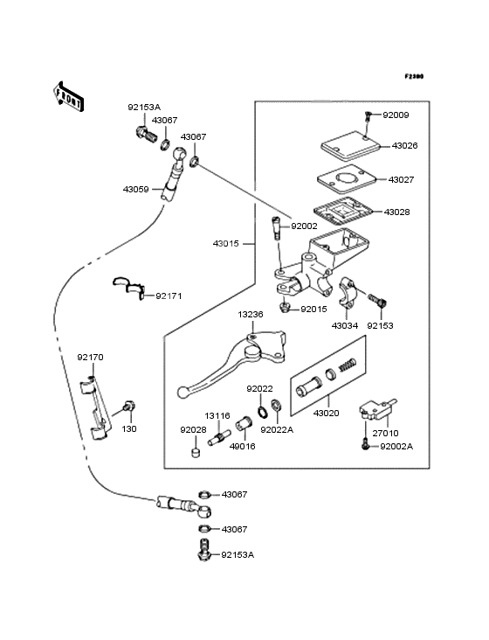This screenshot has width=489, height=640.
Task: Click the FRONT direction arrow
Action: click(x=68, y=96)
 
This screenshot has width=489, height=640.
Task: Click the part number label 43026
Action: click(x=404, y=146)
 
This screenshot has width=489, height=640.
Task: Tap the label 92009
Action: click(x=396, y=115)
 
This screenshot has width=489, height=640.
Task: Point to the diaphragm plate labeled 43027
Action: click(x=347, y=179)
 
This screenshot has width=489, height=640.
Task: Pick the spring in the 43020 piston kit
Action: click(x=348, y=365)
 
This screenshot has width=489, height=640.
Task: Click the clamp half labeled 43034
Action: click(x=348, y=290)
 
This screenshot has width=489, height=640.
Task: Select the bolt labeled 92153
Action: click(x=378, y=301)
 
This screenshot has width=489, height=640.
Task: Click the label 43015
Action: click(x=226, y=244)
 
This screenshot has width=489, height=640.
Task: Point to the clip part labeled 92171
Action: click(x=129, y=288)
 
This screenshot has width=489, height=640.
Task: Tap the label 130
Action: click(x=129, y=429)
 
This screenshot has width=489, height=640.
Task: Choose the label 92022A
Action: click(x=277, y=430)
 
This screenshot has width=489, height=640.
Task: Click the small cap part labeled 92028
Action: click(x=196, y=453)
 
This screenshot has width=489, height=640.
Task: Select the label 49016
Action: click(x=243, y=447)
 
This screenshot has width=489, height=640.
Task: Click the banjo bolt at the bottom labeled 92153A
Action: click(x=203, y=550)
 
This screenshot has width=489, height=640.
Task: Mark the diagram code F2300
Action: click(x=414, y=76)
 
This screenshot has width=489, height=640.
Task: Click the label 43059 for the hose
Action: click(x=136, y=190)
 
